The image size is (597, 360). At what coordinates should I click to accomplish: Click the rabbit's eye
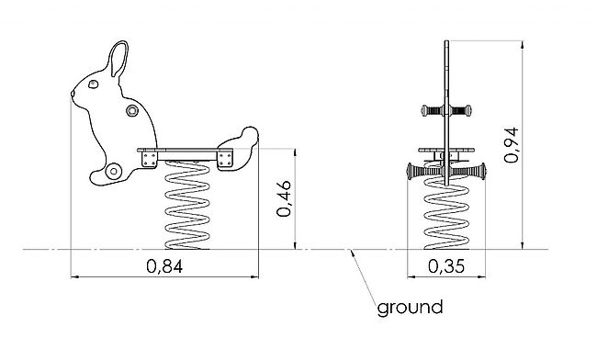click(x=93, y=84)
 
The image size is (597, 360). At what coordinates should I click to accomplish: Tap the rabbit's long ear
click(x=118, y=59)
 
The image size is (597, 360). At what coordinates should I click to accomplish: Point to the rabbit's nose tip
click(x=73, y=93)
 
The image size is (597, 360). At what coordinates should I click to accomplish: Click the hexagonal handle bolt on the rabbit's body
click(x=132, y=111)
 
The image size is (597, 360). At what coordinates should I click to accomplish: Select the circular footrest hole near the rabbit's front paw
click(x=114, y=171)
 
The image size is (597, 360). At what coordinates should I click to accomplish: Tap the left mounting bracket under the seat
click(x=149, y=159)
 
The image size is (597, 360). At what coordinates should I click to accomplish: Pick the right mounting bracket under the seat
click(x=225, y=159)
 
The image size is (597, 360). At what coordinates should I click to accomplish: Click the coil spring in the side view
click(x=187, y=205)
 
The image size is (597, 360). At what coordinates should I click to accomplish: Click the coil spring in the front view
click(x=446, y=213)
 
